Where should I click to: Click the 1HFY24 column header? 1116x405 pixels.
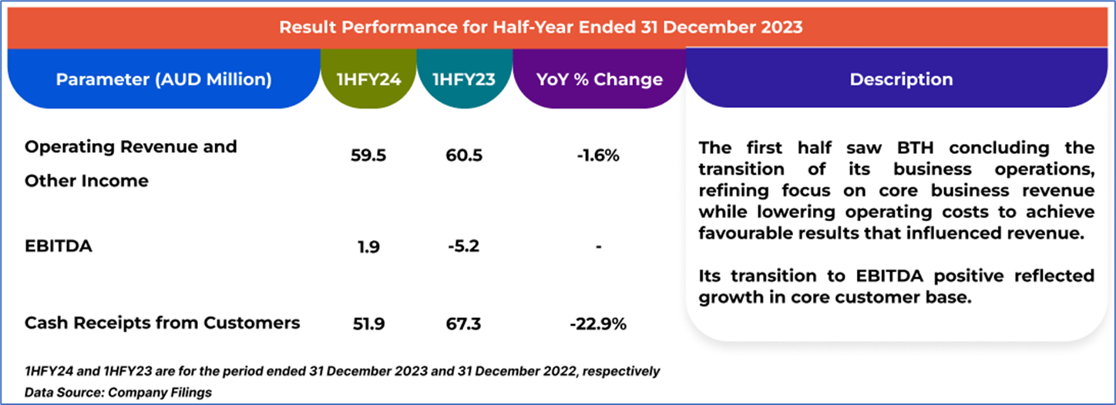[368, 79]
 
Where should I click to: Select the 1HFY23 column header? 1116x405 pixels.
[465, 79]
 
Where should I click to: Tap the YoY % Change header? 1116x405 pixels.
[599, 79]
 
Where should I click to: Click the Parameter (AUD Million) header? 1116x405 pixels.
[163, 79]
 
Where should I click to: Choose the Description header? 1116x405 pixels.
[901, 79]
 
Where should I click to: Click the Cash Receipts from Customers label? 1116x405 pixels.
[162, 323]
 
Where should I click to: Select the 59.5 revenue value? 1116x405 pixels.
[368, 156]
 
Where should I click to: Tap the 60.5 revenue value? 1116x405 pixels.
[464, 156]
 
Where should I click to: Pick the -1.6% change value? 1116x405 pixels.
[598, 156]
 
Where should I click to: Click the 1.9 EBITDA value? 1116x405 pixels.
[368, 246]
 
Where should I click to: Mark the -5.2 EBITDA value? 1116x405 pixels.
[464, 246]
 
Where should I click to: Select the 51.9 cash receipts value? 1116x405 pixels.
[368, 324]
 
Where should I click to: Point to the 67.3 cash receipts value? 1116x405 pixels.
[464, 324]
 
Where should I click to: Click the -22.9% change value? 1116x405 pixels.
[598, 324]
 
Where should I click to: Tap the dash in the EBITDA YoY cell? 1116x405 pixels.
[598, 247]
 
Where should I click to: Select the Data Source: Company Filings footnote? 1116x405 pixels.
[118, 393]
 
